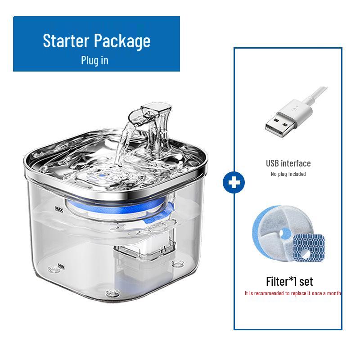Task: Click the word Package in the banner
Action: point(122,41)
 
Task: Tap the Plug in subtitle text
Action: point(94,60)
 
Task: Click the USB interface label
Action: point(288,163)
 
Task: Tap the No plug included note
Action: point(288,174)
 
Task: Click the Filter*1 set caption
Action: point(289,282)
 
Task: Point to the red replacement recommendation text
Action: point(292,293)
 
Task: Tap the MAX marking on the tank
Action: point(58,209)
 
